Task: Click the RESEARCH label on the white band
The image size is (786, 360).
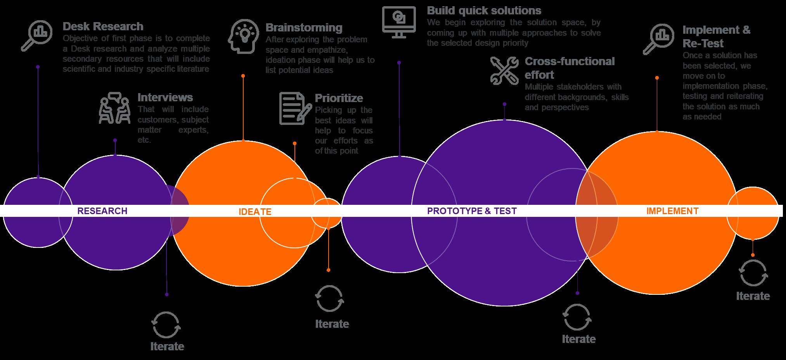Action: coord(102,211)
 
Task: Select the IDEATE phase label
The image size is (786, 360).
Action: coord(255,212)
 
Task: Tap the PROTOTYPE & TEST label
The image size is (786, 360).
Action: coord(472,211)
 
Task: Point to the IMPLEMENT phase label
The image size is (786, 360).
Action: coord(672,211)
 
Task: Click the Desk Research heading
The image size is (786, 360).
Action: coord(103,26)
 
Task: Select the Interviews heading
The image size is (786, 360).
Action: coord(165,97)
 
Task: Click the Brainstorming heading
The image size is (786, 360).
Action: coord(304,28)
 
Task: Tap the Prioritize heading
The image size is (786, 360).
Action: coord(339,98)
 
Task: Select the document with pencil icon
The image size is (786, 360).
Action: coord(295,108)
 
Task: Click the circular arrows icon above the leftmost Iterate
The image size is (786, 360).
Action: coord(166,325)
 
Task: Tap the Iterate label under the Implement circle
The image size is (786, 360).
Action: coord(753,296)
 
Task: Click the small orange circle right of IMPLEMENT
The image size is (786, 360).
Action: coord(753,213)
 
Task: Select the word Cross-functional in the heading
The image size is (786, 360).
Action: coord(570,61)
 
